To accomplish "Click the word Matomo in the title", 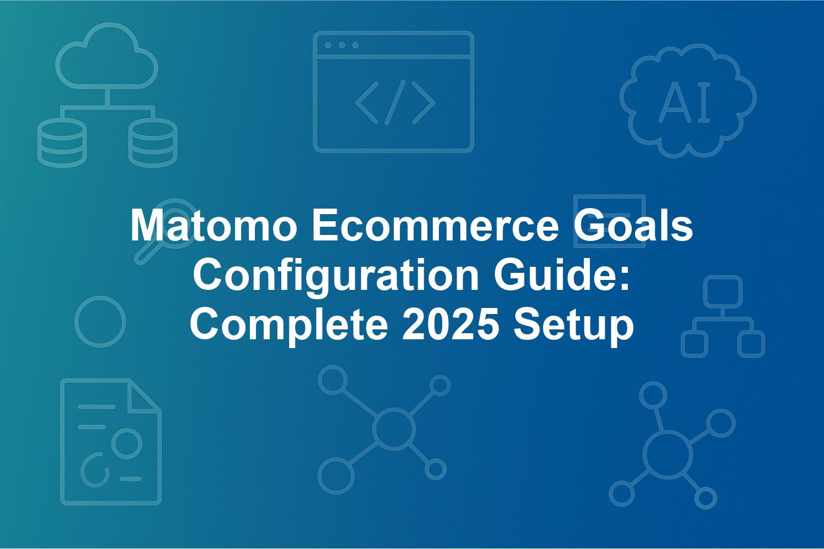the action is click(x=214, y=225).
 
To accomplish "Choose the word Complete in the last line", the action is click(x=289, y=325).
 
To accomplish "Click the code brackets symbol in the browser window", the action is click(x=395, y=102).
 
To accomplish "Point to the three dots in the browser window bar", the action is click(x=342, y=45).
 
